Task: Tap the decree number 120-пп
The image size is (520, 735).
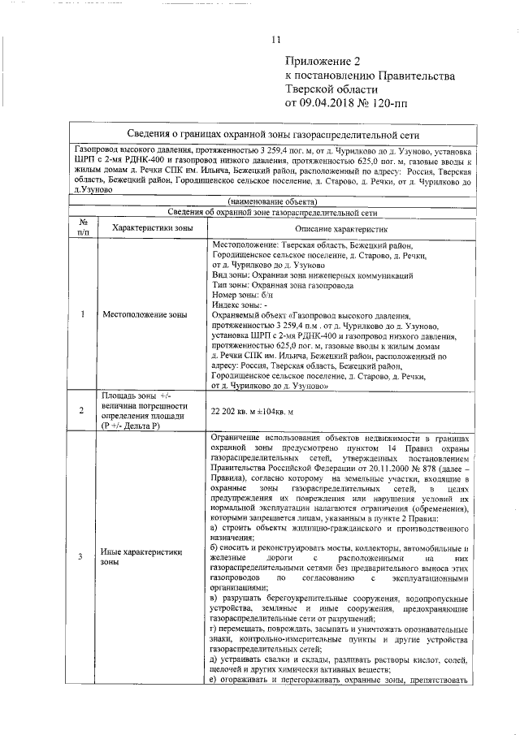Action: [x=394, y=103]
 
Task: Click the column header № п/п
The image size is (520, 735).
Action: [x=83, y=227]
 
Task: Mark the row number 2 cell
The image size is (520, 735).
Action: [x=83, y=411]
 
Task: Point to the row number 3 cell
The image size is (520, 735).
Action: [x=83, y=556]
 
